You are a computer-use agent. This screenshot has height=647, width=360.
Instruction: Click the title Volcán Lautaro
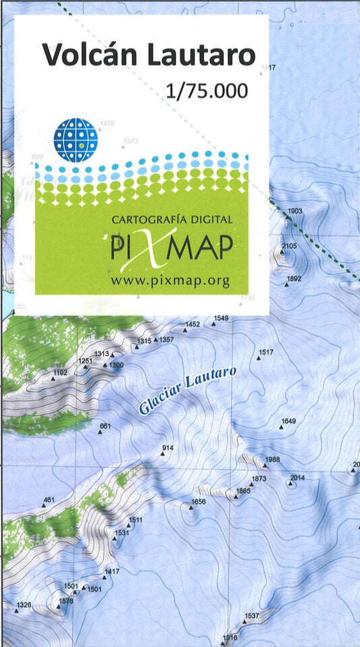pyautogui.click(x=149, y=55)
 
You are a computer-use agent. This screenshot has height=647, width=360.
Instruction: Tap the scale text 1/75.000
pyautogui.click(x=207, y=91)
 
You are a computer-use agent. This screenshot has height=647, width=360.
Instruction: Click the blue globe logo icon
pyautogui.click(x=76, y=140)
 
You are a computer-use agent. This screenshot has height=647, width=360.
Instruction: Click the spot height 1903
pyautogui.click(x=295, y=211)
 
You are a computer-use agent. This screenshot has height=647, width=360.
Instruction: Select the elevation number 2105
pyautogui.click(x=289, y=246)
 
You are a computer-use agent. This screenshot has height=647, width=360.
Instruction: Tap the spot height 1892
pyautogui.click(x=294, y=278)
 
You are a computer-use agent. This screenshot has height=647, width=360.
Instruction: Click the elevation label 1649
pyautogui.click(x=288, y=421)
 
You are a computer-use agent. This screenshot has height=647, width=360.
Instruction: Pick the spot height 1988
pyautogui.click(x=272, y=460)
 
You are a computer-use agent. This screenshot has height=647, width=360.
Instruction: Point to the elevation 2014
pyautogui.click(x=297, y=478)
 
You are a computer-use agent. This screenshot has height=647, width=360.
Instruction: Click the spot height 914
pyautogui.click(x=168, y=448)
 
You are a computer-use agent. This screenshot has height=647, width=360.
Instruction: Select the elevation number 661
pyautogui.click(x=105, y=426)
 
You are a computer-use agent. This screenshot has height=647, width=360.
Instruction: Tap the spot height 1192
pyautogui.click(x=60, y=373)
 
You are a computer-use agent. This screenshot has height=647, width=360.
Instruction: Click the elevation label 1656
pyautogui.click(x=198, y=502)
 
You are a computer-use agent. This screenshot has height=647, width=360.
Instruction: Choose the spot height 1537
pyautogui.click(x=251, y=616)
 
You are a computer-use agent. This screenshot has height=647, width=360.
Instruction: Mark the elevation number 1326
pyautogui.click(x=24, y=604)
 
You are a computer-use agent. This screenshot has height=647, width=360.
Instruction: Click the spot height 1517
pyautogui.click(x=265, y=353)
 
